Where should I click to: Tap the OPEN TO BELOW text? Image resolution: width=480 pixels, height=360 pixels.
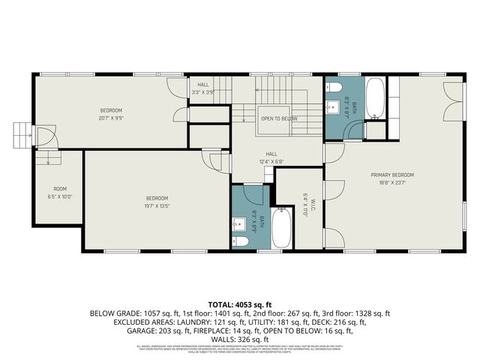[279, 118]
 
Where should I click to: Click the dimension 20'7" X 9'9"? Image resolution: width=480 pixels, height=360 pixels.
[109, 117]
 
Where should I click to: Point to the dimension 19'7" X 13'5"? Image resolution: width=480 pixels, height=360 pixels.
[157, 205]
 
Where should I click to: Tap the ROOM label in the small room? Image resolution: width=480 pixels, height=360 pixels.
[59, 188]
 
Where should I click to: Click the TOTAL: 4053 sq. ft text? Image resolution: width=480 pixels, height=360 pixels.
[239, 304]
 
